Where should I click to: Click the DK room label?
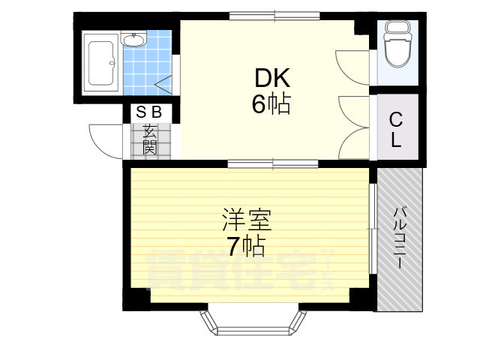tap(270, 79)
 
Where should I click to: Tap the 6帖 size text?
tap(270, 104)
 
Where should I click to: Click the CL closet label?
tap(395, 128)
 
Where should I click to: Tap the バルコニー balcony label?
tap(400, 238)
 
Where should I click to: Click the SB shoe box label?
tap(148, 112)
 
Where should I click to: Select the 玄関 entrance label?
tap(148, 138)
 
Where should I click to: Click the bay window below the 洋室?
tap(253, 320)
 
